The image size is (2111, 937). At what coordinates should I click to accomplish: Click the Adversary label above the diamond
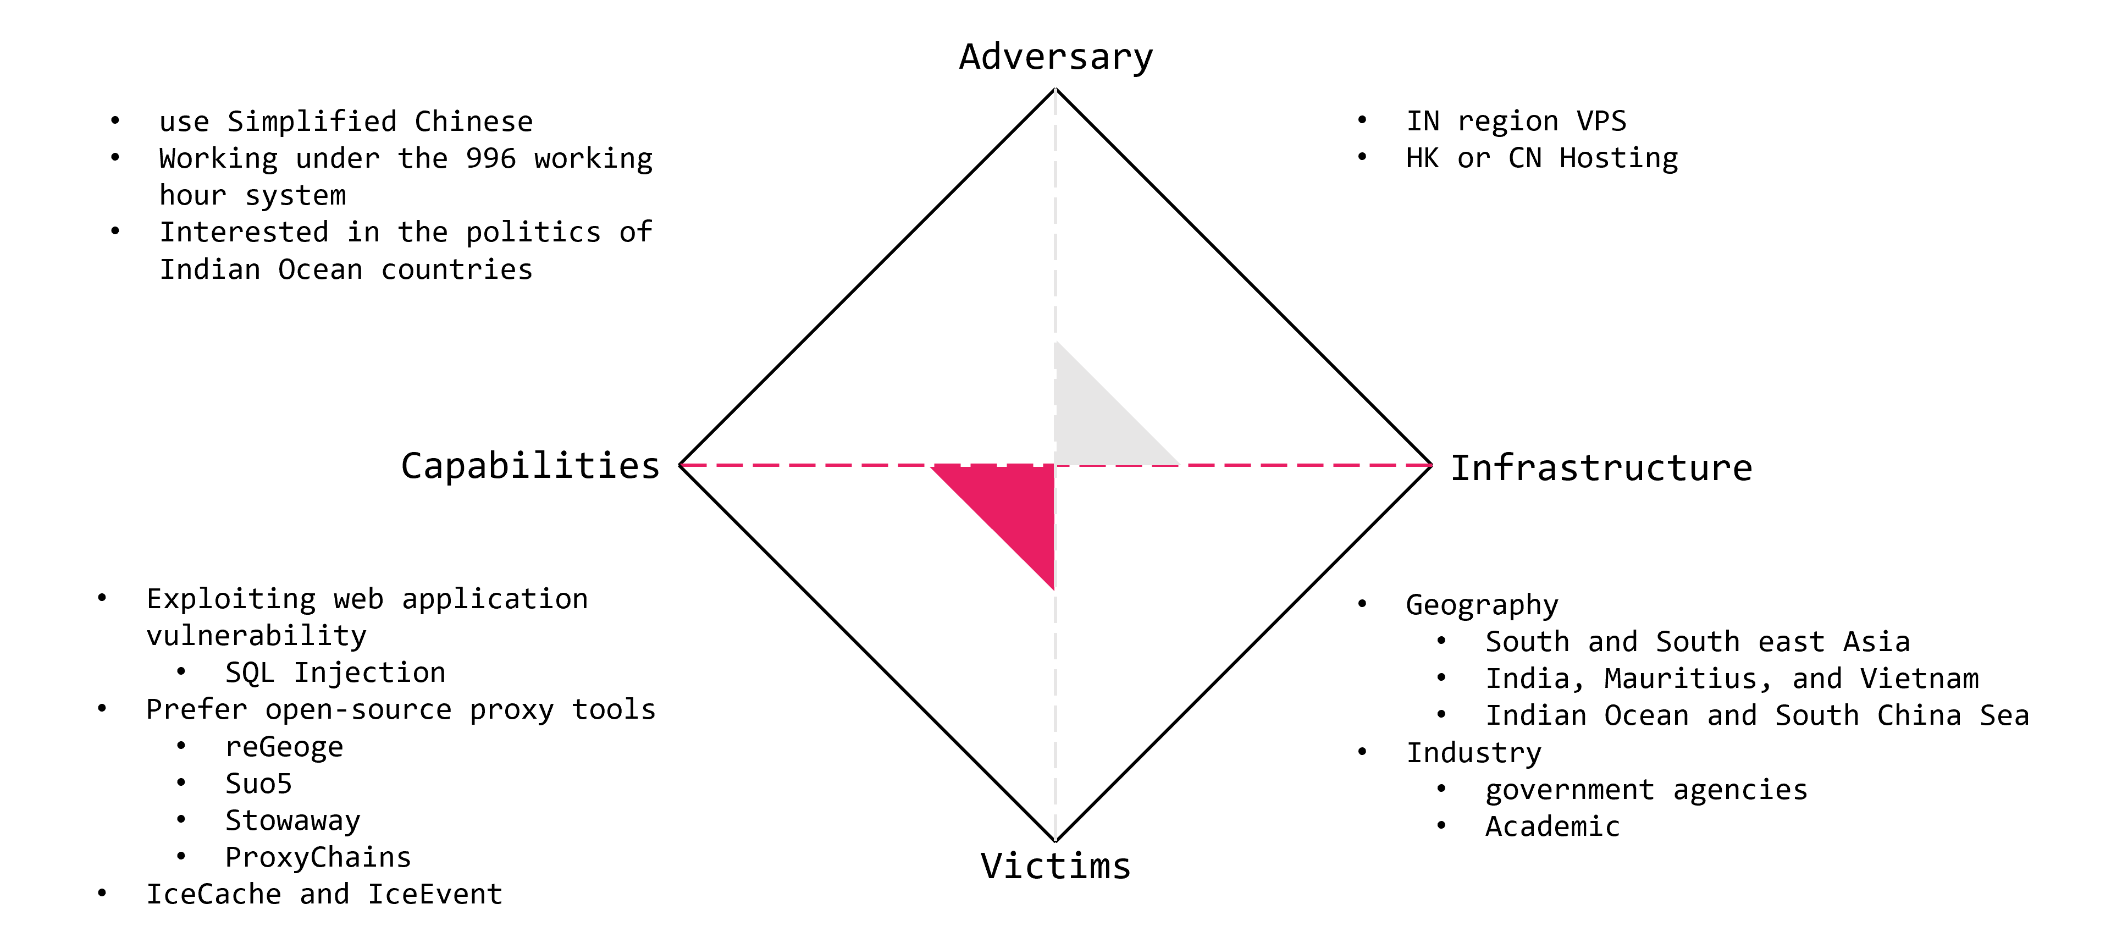[x=1055, y=57]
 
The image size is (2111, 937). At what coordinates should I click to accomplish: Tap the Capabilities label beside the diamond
[x=530, y=466]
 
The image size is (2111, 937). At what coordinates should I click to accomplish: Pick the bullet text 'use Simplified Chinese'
[x=346, y=122]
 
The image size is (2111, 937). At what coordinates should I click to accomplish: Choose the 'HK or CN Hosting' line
[x=1541, y=158]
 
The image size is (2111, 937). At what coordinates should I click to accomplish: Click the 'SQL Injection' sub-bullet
[x=335, y=673]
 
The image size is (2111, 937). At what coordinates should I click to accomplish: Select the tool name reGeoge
[x=284, y=747]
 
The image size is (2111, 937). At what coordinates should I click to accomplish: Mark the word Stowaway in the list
[x=292, y=820]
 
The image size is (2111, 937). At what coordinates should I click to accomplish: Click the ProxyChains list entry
[x=318, y=857]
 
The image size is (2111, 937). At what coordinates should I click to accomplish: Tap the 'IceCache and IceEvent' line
[x=324, y=894]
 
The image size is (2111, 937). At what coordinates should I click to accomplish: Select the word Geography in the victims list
[x=1482, y=605]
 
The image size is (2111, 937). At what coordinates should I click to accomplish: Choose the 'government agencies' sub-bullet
[x=1645, y=790]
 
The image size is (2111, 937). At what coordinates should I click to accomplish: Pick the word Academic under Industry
[x=1552, y=826]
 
